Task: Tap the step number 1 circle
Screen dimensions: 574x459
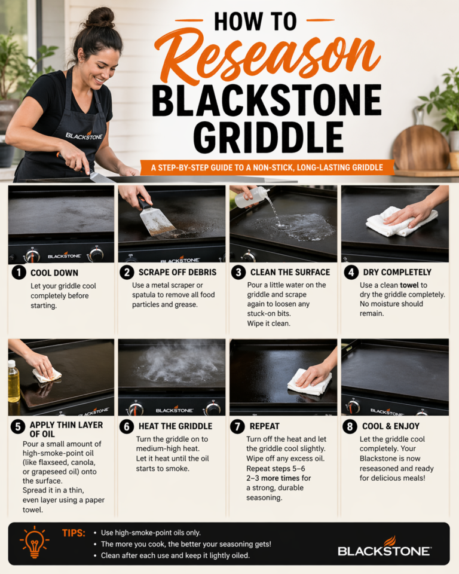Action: click(19, 273)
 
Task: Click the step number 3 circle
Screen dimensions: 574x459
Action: click(239, 273)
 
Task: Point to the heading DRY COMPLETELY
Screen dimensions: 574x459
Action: click(397, 273)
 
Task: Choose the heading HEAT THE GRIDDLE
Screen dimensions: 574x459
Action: click(175, 426)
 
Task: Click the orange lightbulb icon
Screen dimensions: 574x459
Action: click(34, 542)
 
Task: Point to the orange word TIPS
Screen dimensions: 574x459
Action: click(74, 532)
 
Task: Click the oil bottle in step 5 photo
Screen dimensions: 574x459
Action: click(14, 381)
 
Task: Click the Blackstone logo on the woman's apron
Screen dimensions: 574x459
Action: click(84, 135)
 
